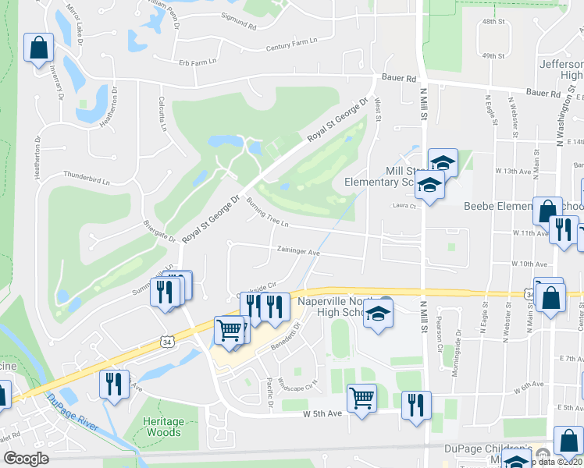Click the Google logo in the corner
tap(26, 459)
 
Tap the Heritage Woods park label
tap(163, 427)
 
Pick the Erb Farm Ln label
tap(196, 62)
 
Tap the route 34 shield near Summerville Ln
tap(166, 342)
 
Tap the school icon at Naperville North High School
tap(379, 313)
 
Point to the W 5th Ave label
tap(323, 413)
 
